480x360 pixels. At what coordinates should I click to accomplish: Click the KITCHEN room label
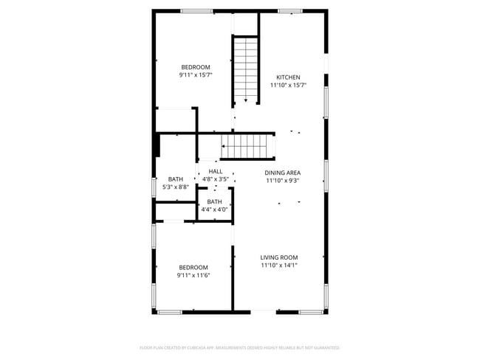coord(288,77)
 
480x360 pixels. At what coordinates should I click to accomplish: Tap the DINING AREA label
coord(283,172)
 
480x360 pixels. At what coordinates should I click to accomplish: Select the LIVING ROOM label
coord(279,257)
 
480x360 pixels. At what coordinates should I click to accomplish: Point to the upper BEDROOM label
coord(196,67)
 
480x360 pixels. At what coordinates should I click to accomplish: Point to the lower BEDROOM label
coord(193,267)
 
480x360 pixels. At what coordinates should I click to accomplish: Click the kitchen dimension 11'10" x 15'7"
coord(288,86)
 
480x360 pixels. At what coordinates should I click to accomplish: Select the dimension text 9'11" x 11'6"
coord(193,275)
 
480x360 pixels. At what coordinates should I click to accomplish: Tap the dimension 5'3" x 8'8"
coord(176,187)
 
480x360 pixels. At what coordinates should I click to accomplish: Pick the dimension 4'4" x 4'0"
coord(214,210)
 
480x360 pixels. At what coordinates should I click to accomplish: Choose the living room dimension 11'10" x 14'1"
coord(279,266)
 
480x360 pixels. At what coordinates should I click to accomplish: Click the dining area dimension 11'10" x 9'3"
coord(283,180)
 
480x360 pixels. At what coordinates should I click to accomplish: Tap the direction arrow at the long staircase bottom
coord(245,100)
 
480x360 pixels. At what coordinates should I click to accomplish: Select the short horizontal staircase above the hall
coord(247,146)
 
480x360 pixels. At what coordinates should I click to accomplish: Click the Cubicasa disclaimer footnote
coord(240,347)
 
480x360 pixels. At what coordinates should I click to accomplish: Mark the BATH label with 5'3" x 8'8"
coord(176,179)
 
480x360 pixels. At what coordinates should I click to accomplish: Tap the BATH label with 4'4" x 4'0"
coord(214,201)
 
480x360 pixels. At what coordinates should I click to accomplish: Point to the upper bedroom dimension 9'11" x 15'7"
coord(196,75)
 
